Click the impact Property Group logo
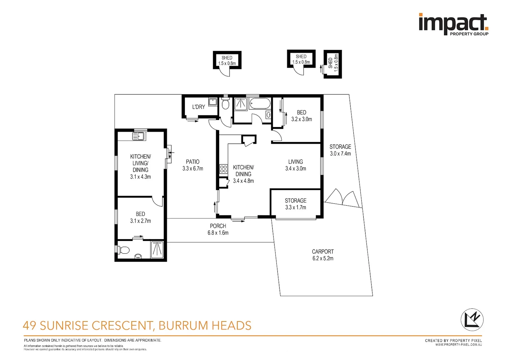click(x=454, y=24)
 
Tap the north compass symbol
click(x=472, y=320)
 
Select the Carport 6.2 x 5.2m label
click(x=323, y=255)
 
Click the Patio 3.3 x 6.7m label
click(x=193, y=165)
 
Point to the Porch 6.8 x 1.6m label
click(x=218, y=229)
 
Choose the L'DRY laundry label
click(x=199, y=107)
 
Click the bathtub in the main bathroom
click(x=260, y=104)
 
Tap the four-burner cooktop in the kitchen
click(x=224, y=169)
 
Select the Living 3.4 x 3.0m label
click(x=295, y=165)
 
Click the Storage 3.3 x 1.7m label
click(x=295, y=204)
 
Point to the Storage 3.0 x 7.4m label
click(x=340, y=150)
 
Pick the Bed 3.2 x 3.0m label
click(x=301, y=116)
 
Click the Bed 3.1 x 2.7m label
click(x=141, y=217)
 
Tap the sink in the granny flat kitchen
click(x=139, y=136)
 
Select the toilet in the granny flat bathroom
click(x=123, y=250)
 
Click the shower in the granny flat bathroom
click(x=157, y=250)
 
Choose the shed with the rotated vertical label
click(x=333, y=64)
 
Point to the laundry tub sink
click(x=213, y=102)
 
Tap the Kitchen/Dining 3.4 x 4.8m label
click(x=244, y=174)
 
